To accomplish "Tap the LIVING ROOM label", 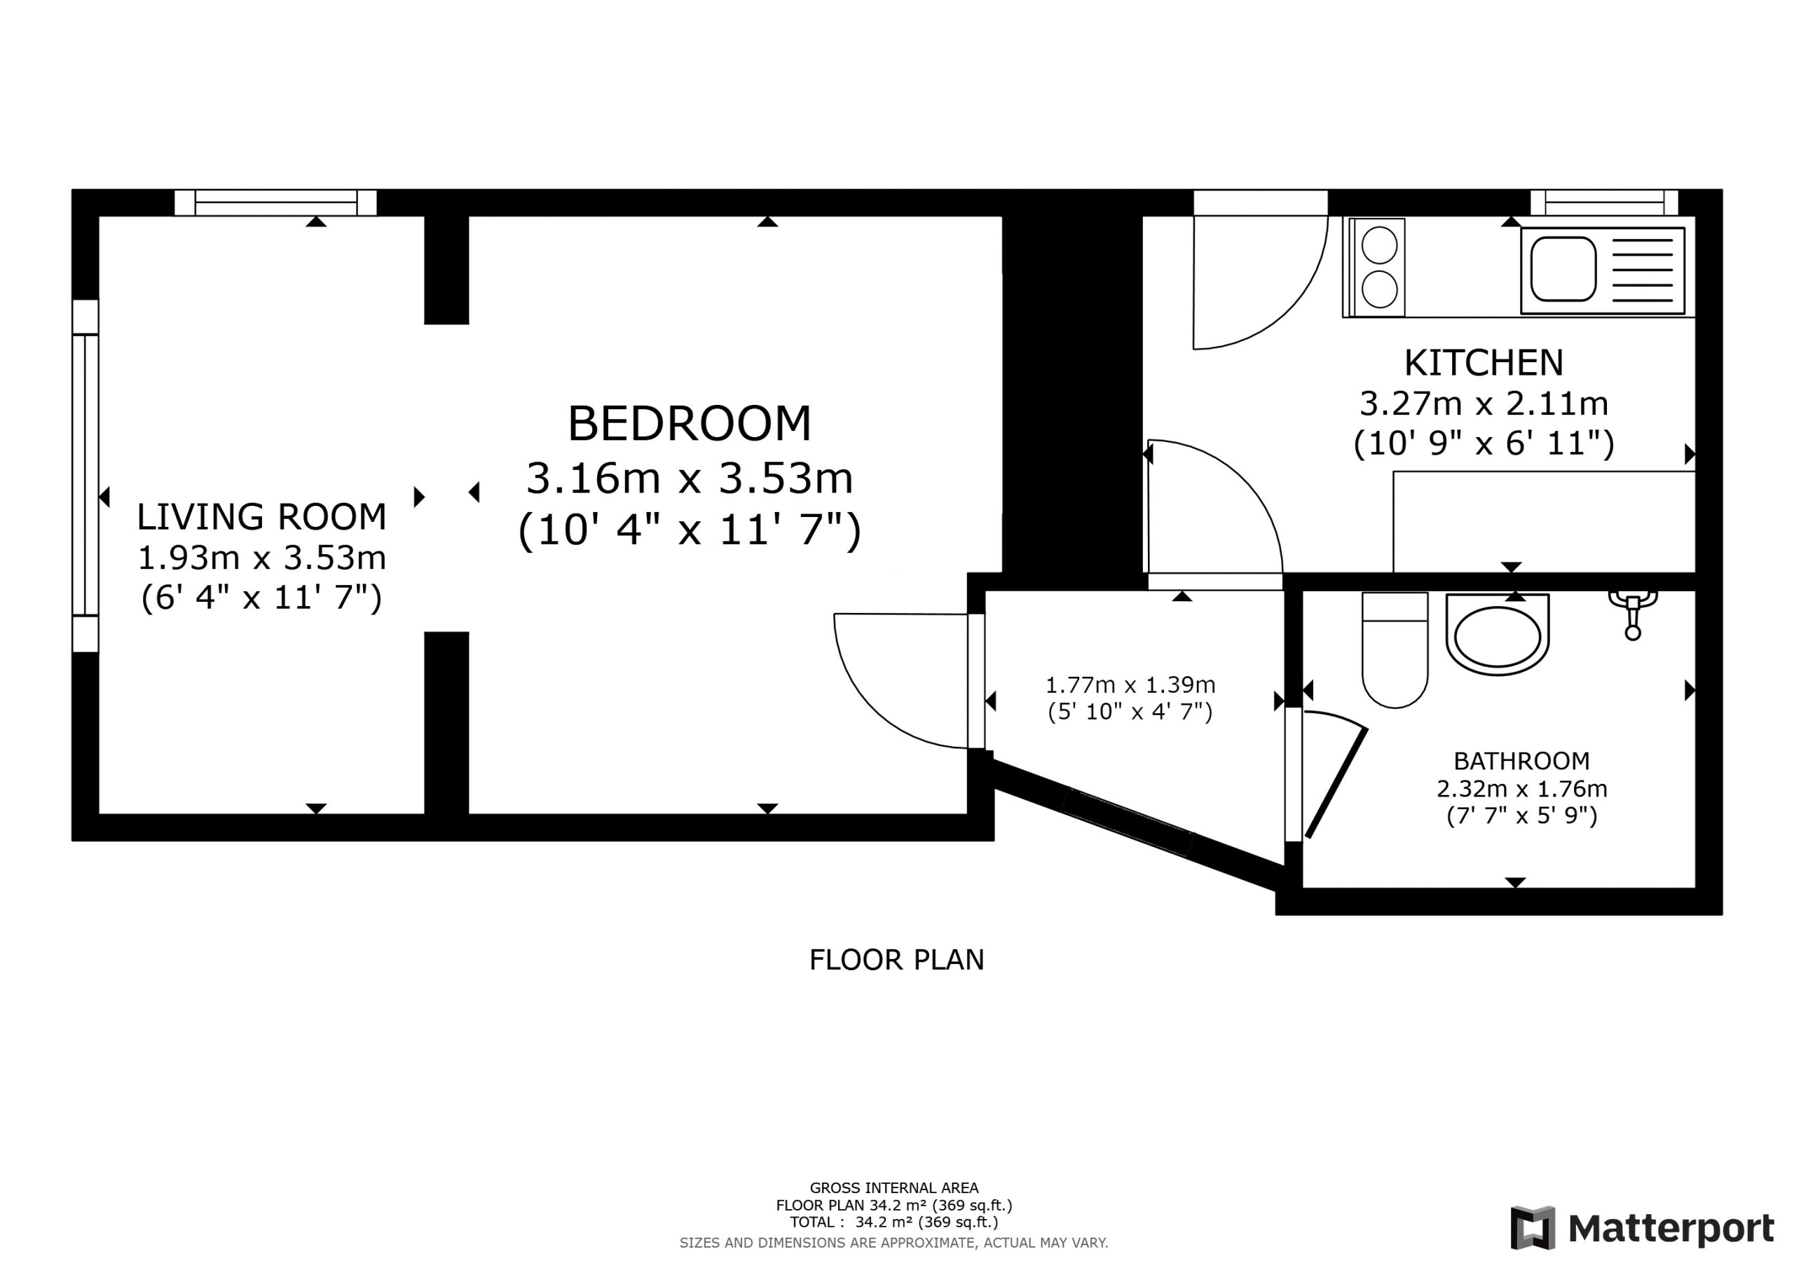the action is (x=262, y=516).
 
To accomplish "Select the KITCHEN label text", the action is (x=1484, y=362).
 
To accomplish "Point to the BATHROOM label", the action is (x=1521, y=761).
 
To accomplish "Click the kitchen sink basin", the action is (x=1563, y=269).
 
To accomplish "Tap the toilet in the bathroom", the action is (x=1395, y=650).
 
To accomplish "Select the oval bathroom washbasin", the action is (x=1497, y=636).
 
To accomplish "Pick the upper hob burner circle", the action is (x=1379, y=245).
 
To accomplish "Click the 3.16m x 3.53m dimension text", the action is (x=689, y=478).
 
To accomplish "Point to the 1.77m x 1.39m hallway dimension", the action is (x=1130, y=685).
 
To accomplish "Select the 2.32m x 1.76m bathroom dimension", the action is (x=1521, y=788).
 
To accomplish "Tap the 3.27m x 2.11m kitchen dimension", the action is (x=1484, y=404).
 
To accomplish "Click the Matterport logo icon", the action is (x=1532, y=1228).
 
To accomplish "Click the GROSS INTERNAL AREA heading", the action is (x=894, y=1188).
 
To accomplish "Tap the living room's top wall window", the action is (x=275, y=202).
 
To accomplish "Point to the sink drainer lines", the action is (x=1643, y=270).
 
